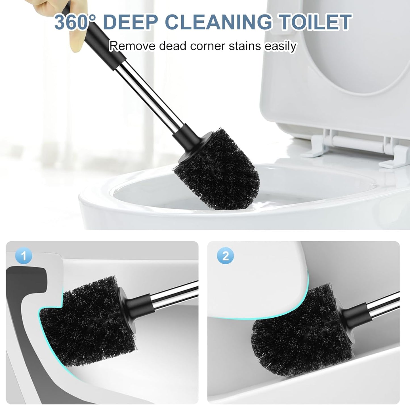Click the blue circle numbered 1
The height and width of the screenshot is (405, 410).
(24, 256)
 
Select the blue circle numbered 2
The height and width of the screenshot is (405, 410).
(225, 256)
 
